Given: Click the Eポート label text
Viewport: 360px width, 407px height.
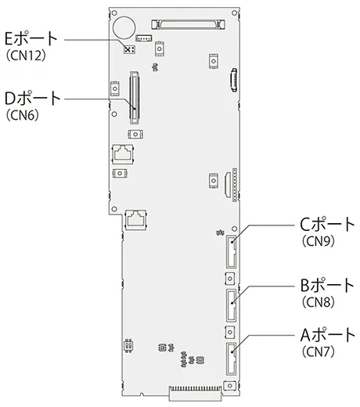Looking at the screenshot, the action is pos(31,39).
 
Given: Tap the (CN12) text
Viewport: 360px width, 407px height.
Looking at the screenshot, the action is pos(26,56).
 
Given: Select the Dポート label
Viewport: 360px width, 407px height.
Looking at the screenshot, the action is pos(33,98).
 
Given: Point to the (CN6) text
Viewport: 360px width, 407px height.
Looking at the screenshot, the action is pos(22,115).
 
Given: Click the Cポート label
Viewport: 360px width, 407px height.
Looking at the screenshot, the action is pos(327,225).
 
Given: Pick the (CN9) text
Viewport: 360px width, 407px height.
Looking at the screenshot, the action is pos(319,241).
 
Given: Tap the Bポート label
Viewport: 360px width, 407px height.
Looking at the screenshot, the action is pos(327,285).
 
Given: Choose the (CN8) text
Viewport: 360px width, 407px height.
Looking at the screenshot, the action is pos(319,302).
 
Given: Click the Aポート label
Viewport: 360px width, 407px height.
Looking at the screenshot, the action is pos(327,335).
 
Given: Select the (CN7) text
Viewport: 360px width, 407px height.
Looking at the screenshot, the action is pos(319,352).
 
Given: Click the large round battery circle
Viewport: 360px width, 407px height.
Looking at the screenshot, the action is pos(124,27).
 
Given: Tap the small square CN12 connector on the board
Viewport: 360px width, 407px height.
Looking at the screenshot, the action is pos(129,49).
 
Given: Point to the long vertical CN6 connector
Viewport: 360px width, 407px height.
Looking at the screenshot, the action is pos(135,97).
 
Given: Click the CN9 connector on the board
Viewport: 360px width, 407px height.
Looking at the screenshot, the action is pos(231,251).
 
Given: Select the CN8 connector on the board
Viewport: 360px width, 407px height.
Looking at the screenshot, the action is pos(231,305).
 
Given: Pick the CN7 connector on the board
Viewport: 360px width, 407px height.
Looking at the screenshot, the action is pos(231,358).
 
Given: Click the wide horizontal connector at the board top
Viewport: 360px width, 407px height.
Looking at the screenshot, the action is pos(188,24).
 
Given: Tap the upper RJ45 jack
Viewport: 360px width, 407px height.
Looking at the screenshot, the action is pos(123,154).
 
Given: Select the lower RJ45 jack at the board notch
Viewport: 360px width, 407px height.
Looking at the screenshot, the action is pos(135,219).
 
